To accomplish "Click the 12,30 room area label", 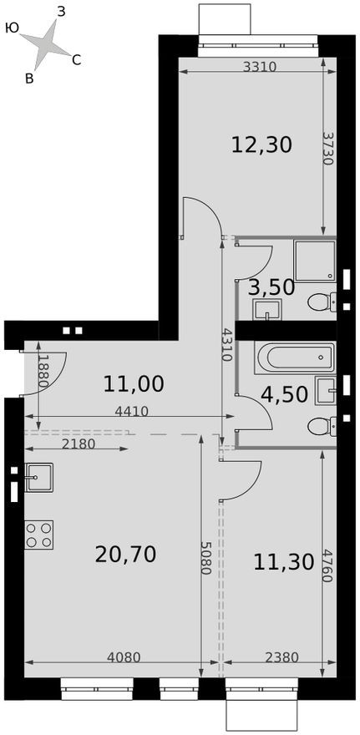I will pos(261,145).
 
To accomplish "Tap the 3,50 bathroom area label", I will pos(271,287).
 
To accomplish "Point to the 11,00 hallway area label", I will pos(134,384).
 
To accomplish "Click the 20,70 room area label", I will pos(127,554).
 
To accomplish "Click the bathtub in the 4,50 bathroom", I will pos(294,358).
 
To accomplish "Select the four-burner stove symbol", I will pos(39,535).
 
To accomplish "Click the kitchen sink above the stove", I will pos(38,477).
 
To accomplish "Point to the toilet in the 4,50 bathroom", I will pos(321,427).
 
